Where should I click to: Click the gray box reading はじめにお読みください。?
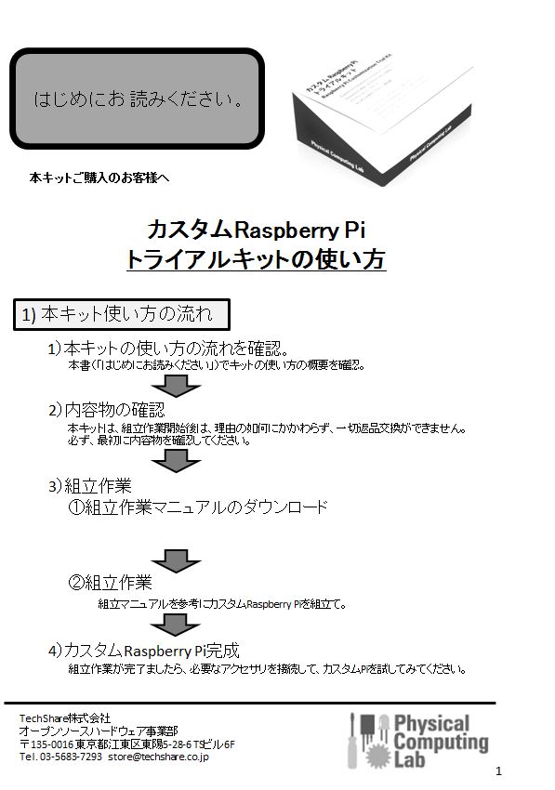137,99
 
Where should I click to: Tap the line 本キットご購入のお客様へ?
99,178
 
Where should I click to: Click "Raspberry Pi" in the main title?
300,230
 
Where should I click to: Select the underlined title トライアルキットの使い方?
256,259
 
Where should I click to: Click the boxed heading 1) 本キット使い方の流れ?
122,315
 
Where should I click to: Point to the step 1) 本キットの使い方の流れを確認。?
168,349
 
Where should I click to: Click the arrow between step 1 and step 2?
176,387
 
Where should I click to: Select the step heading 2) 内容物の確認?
107,410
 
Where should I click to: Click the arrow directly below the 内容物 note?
176,461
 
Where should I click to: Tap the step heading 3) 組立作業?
90,486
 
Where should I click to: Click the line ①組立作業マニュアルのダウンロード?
198,507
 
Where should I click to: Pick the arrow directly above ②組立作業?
176,560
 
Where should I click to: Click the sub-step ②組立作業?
110,583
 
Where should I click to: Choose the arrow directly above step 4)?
175,625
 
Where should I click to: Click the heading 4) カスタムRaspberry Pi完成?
144,651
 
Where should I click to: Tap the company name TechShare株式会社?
65,718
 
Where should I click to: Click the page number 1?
499,770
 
